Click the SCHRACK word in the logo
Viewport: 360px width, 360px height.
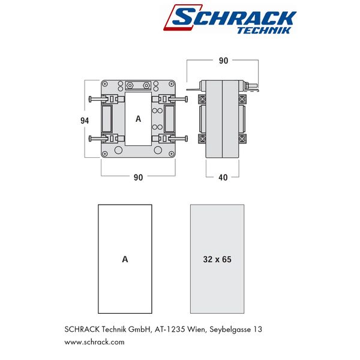click(x=232, y=17)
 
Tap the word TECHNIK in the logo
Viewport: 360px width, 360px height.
click(x=264, y=31)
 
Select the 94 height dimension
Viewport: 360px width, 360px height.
click(x=85, y=121)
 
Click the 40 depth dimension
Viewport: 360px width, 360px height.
click(x=223, y=177)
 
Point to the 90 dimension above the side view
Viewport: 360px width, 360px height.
click(x=223, y=61)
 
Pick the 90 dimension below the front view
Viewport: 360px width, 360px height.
click(x=138, y=177)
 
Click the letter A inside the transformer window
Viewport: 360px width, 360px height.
click(x=138, y=119)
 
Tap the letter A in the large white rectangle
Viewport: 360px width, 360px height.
click(x=125, y=259)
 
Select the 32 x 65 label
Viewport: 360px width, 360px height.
click(x=217, y=259)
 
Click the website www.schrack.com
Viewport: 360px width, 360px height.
click(x=94, y=342)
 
